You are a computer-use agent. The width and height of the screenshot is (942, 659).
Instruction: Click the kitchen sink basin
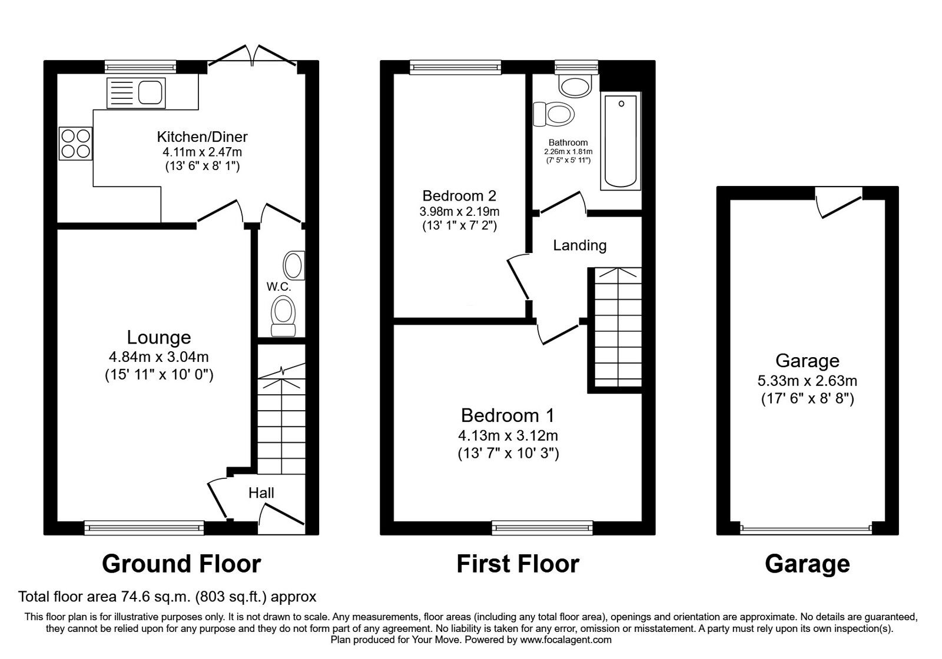click(150, 92)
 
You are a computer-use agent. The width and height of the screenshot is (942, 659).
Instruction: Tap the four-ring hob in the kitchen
click(76, 144)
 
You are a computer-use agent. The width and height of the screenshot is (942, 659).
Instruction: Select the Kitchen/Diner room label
click(203, 137)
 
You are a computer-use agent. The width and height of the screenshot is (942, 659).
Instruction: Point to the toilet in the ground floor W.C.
click(283, 315)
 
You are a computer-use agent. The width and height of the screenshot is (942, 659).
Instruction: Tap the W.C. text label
click(278, 287)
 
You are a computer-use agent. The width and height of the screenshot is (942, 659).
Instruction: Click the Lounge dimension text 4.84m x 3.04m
click(159, 357)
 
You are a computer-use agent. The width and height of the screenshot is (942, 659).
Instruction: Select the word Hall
click(261, 492)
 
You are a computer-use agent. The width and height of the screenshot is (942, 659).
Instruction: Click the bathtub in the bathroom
click(621, 141)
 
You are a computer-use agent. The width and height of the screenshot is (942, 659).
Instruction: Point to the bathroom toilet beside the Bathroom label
click(553, 114)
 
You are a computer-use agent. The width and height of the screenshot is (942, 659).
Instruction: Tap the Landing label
click(579, 245)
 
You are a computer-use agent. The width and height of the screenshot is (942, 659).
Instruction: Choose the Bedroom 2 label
click(459, 196)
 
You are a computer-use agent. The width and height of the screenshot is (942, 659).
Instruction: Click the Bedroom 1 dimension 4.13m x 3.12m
click(508, 435)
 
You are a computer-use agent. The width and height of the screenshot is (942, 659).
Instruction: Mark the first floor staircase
click(618, 327)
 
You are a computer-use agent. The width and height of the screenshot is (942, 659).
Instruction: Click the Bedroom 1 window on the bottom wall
click(542, 528)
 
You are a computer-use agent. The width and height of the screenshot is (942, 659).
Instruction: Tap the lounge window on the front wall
click(144, 528)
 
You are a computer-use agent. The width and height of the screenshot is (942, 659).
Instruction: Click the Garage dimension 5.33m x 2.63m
click(807, 381)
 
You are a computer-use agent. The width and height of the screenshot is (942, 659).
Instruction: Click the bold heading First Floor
click(518, 564)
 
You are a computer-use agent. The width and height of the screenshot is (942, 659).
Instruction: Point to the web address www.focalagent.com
click(566, 640)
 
